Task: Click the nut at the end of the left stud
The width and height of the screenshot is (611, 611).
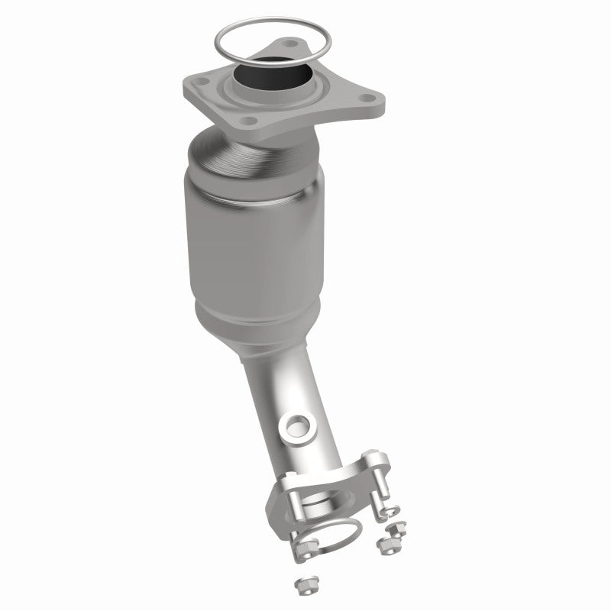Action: (306, 548)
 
